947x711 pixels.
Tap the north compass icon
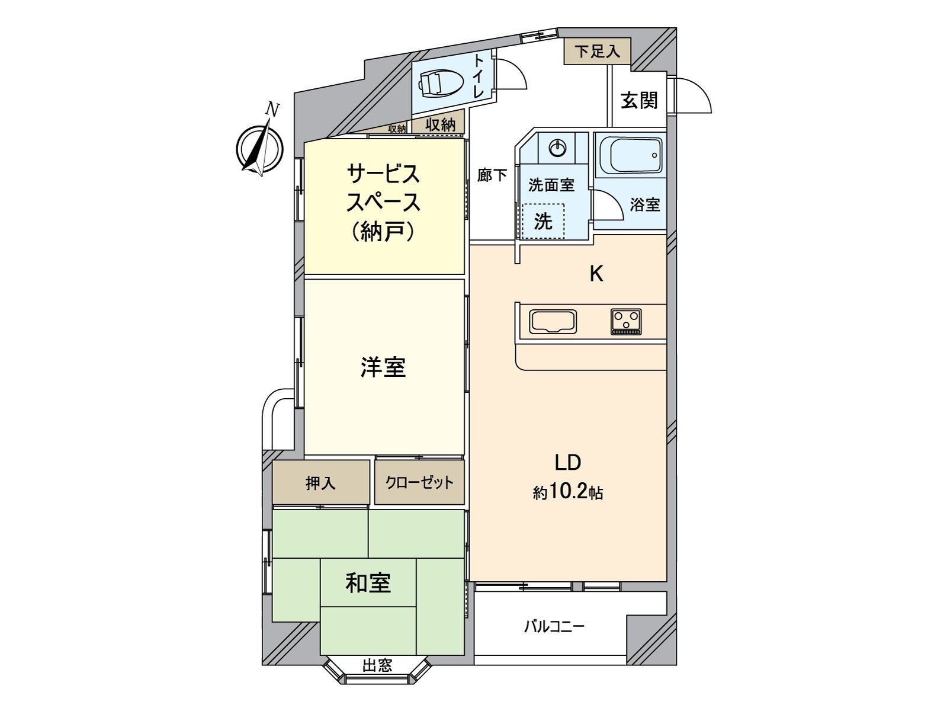[x=259, y=146]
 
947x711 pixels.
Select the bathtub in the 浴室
[x=631, y=155]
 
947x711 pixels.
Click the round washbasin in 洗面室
[x=558, y=148]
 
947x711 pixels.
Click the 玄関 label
[x=639, y=100]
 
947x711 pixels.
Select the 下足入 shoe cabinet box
[x=597, y=52]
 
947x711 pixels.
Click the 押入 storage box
[x=320, y=483]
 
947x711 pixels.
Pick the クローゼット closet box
[x=419, y=483]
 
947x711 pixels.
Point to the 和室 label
[x=368, y=583]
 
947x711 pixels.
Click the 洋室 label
[x=383, y=367]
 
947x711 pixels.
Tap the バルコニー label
[x=554, y=626]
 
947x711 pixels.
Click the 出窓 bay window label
[x=377, y=665]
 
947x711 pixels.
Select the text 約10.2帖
[x=567, y=492]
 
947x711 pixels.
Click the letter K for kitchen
[x=596, y=274]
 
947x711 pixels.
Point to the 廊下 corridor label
[x=492, y=175]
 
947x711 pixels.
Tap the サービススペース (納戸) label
[x=383, y=203]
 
